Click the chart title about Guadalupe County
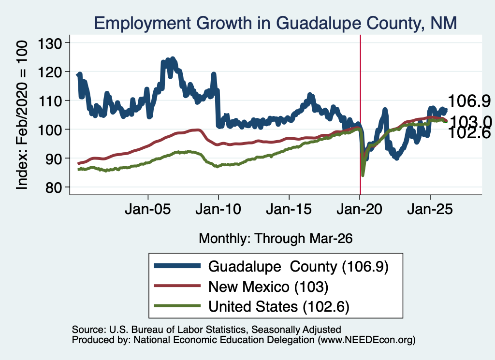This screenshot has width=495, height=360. tap(275, 23)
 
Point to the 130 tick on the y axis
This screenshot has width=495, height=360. tap(50, 43)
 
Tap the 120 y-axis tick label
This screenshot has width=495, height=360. tap(50, 72)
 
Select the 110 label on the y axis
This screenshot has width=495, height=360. tap(50, 101)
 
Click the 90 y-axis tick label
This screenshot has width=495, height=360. tap(54, 158)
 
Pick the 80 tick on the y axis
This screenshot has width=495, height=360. tap(54, 187)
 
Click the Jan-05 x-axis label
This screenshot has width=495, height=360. tap(148, 209)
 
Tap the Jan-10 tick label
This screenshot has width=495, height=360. tap(218, 209)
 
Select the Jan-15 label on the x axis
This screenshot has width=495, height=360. tap(289, 209)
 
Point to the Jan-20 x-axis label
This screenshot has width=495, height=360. tap(360, 209)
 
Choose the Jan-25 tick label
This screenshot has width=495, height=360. tap(430, 209)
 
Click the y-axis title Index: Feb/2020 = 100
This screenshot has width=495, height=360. tap(22, 115)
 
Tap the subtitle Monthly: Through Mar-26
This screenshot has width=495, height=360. tap(276, 238)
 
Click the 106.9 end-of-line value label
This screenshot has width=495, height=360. tap(469, 101)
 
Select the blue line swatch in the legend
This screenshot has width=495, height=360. tap(177, 266)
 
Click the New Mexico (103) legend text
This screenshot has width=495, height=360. tap(268, 287)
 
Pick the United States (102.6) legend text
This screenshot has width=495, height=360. tap(279, 306)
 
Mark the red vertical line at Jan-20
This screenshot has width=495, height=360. tap(360, 115)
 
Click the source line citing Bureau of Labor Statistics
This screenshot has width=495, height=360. tap(206, 330)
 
